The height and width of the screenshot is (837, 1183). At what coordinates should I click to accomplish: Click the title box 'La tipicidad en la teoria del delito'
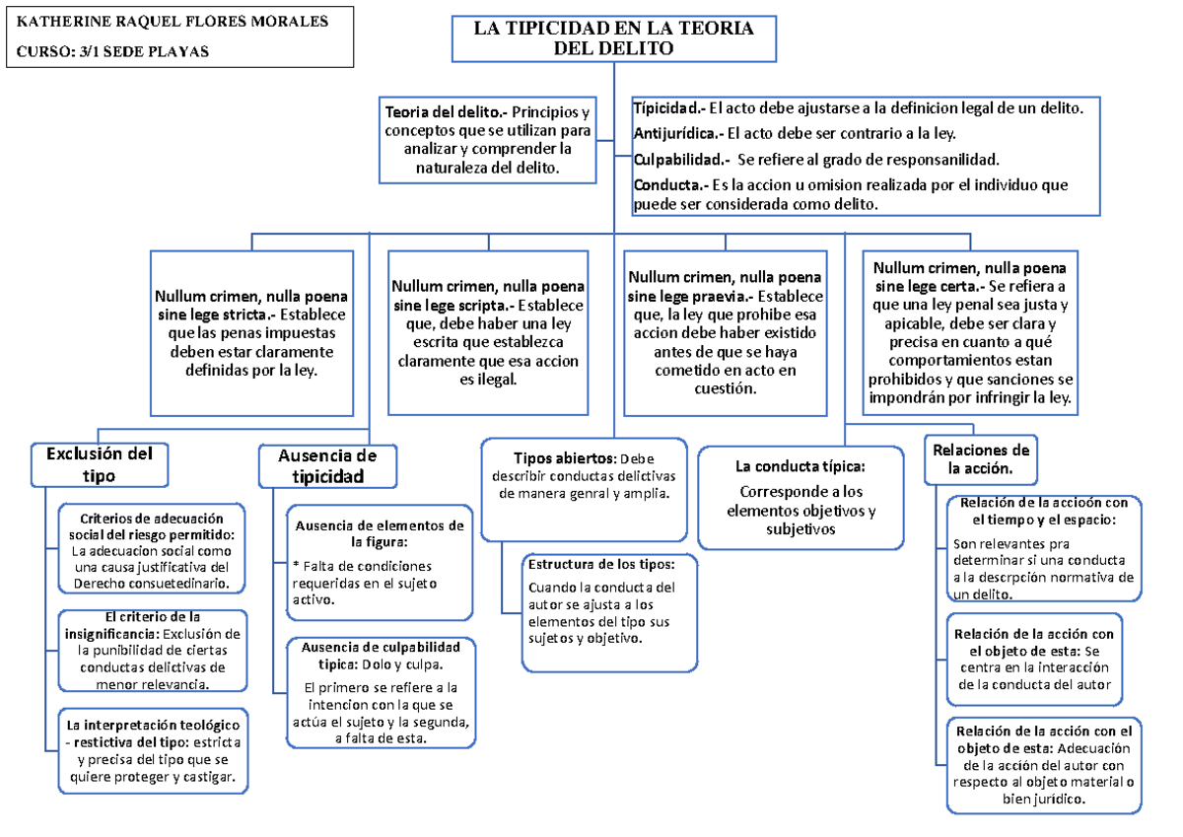(x=613, y=39)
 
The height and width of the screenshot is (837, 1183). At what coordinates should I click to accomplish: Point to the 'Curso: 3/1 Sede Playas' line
(x=114, y=52)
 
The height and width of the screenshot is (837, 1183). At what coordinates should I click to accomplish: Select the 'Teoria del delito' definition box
(x=488, y=140)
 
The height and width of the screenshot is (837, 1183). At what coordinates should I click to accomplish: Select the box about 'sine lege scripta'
(x=488, y=331)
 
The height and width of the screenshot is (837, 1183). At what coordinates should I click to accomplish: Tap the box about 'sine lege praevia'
(x=725, y=331)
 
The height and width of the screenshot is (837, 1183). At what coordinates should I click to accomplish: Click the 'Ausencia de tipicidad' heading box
(x=328, y=465)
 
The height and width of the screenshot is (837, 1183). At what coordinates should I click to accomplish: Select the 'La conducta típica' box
(x=800, y=497)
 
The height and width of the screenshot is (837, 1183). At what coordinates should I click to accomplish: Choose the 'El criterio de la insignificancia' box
(x=150, y=650)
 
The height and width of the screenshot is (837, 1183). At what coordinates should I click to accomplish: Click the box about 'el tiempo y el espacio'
(x=1044, y=548)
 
